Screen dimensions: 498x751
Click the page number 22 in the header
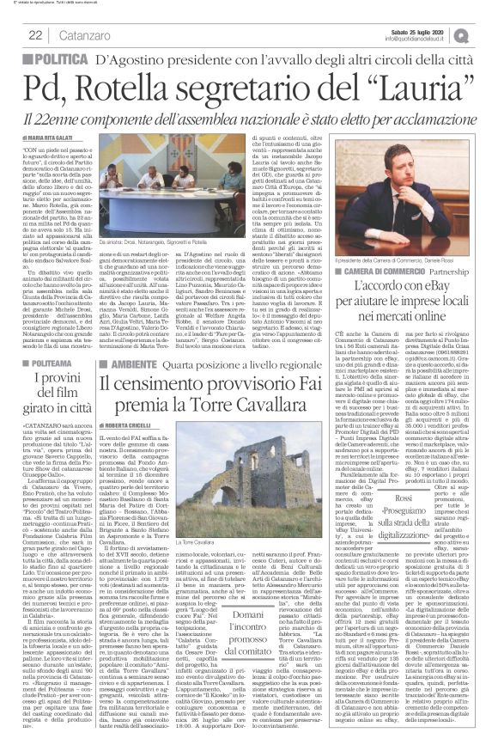click(x=36, y=34)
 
